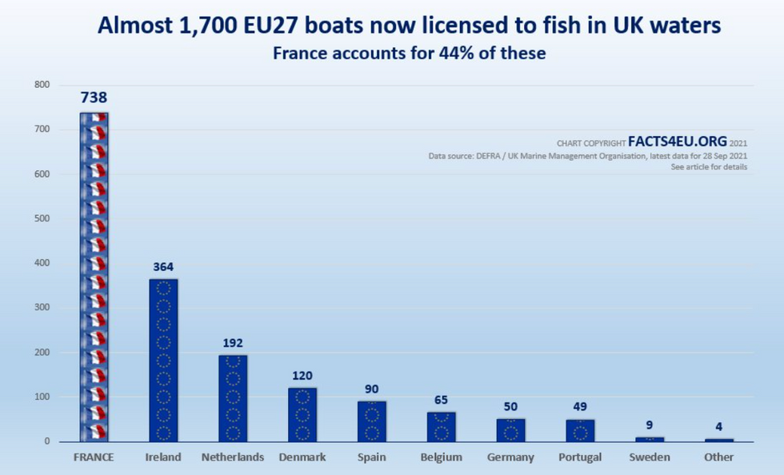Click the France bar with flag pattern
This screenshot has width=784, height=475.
point(94,276)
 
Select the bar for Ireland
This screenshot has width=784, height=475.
point(163,360)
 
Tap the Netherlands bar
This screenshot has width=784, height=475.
point(233,398)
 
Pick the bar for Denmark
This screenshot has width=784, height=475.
point(302,414)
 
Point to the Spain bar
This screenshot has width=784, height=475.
point(371,421)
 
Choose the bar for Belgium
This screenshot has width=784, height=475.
point(441,426)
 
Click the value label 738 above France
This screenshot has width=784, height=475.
point(94,98)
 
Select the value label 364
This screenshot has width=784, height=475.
point(163,266)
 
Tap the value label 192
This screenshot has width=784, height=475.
point(233,343)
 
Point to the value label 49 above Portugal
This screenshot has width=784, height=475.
point(580,407)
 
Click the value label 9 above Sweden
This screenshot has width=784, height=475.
point(650,425)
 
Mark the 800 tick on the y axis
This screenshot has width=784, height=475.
point(42,85)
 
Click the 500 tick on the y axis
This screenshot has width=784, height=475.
point(42,218)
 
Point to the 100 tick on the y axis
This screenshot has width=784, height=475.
point(42,397)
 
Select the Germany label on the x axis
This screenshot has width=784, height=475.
point(510,457)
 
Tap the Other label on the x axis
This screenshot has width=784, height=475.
point(718,457)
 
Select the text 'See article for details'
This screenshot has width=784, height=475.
point(709,167)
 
